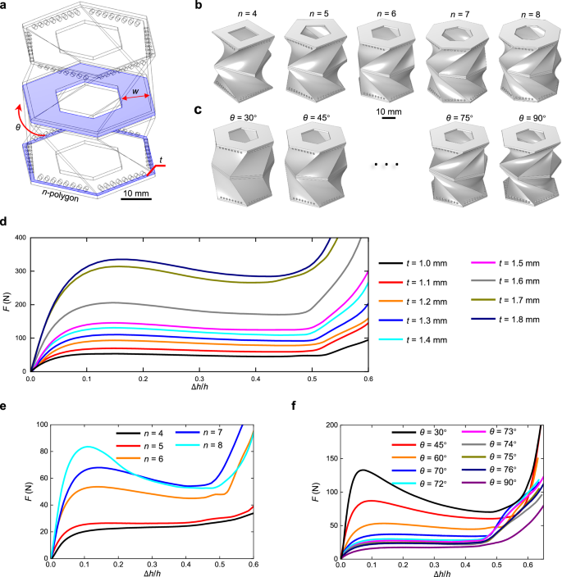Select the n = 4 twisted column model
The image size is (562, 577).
point(240,59)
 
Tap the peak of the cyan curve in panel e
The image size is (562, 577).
point(89,447)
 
